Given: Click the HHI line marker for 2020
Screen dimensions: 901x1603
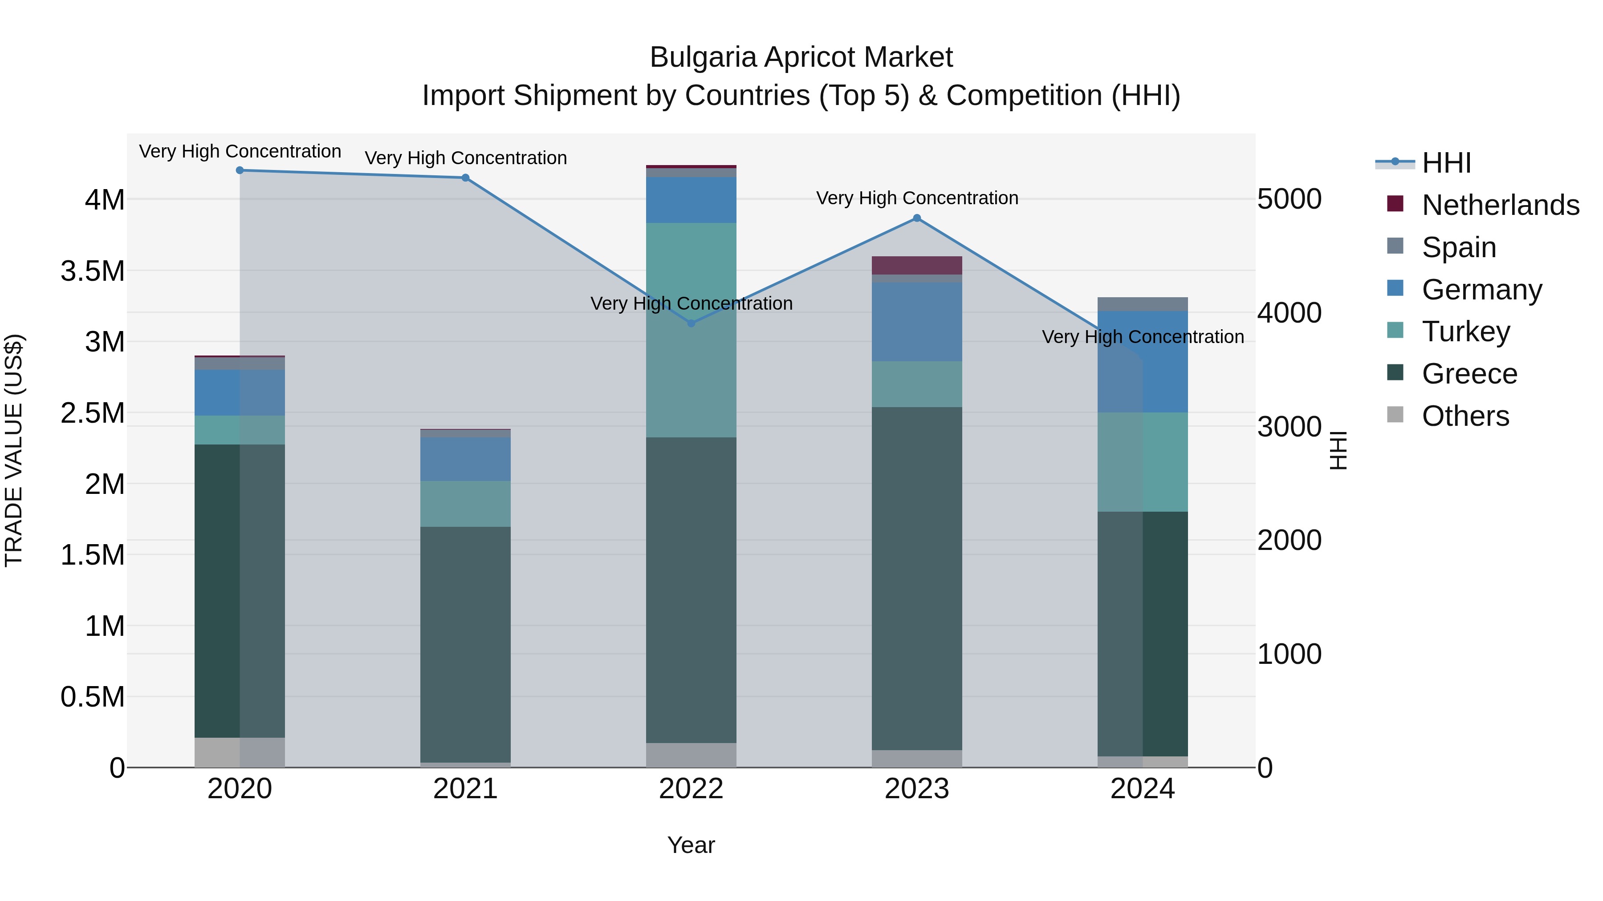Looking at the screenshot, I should (x=240, y=170).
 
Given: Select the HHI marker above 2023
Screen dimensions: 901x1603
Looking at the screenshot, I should (x=917, y=218).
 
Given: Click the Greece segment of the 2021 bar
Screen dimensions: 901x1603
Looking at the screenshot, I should (x=465, y=643).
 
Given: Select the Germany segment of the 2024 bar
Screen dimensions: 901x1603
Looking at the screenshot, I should (x=1143, y=361).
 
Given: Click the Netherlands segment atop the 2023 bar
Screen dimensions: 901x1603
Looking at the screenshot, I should (x=917, y=265).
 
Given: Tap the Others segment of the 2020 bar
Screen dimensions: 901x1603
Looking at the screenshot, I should (x=240, y=752).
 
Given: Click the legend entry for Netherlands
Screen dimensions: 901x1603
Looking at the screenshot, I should (x=1500, y=205).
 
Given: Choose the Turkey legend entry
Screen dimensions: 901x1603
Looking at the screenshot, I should (x=1465, y=331).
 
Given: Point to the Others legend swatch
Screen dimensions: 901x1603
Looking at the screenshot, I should (x=1396, y=415).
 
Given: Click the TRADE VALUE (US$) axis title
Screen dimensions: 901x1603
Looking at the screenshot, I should (x=14, y=450).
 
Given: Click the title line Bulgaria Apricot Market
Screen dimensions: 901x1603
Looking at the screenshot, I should (x=801, y=57).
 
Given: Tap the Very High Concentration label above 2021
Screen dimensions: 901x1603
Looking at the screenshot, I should (x=465, y=158).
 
